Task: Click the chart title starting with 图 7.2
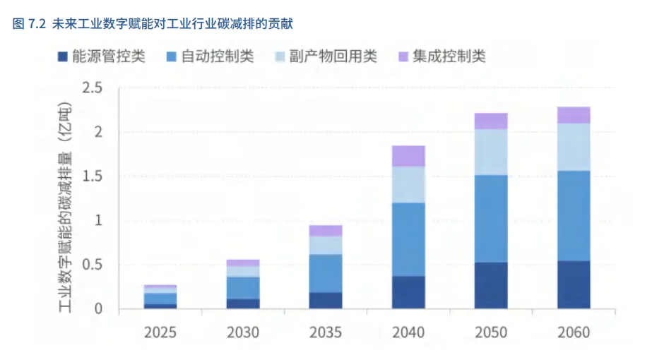[x=153, y=24]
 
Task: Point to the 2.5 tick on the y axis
[x=93, y=88]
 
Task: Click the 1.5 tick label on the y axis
[x=93, y=176]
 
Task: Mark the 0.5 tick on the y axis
[x=93, y=265]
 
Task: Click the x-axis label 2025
[x=160, y=332]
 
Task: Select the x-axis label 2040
[x=408, y=332]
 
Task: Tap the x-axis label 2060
[x=574, y=332]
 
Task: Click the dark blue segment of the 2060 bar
[x=574, y=284]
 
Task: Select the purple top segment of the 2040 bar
[x=408, y=156]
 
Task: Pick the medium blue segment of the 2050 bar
[x=491, y=218]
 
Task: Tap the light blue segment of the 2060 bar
[x=574, y=147]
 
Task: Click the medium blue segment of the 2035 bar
[x=326, y=273]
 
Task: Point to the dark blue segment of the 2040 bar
[x=408, y=292]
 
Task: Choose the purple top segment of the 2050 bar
[x=491, y=121]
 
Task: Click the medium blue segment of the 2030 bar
[x=243, y=288]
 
